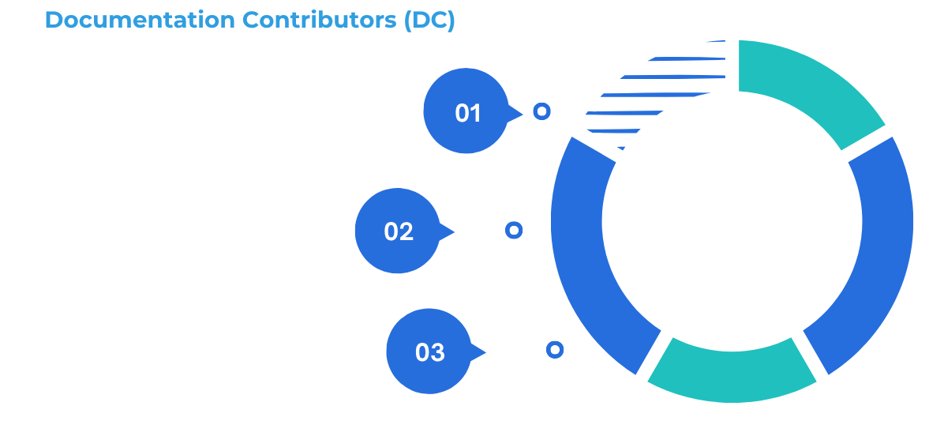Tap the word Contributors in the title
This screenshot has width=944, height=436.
click(319, 21)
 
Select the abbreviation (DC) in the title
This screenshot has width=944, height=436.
click(429, 21)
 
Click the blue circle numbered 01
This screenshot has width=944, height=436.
click(466, 111)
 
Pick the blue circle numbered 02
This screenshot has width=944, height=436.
click(398, 231)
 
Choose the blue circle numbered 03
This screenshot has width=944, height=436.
click(429, 351)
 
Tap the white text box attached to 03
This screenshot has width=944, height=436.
click(213, 350)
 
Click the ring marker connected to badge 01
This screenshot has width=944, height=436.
click(541, 111)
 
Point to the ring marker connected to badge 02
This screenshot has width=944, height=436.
click(514, 230)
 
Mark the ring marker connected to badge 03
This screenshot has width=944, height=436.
click(555, 349)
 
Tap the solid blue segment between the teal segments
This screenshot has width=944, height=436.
click(868, 253)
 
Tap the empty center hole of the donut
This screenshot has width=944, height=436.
click(732, 221)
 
